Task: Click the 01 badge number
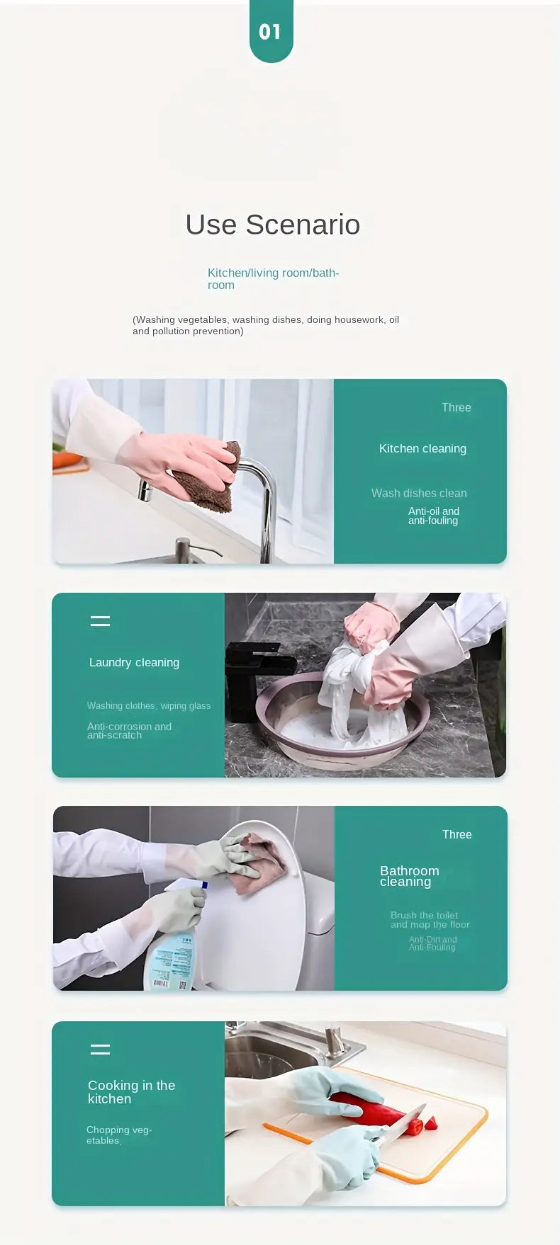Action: coord(270,32)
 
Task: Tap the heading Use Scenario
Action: coord(272,224)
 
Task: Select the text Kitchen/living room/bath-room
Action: coord(272,278)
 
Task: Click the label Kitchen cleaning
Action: coord(422,448)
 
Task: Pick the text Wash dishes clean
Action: coord(419,493)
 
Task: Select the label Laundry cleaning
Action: coord(134,662)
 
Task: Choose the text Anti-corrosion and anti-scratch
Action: coord(129,730)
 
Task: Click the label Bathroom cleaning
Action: coord(409,876)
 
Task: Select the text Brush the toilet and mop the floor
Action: coord(430,920)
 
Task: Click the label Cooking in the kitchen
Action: coord(131,1091)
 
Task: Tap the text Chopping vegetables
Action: coord(118,1135)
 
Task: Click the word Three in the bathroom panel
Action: coord(457,834)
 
